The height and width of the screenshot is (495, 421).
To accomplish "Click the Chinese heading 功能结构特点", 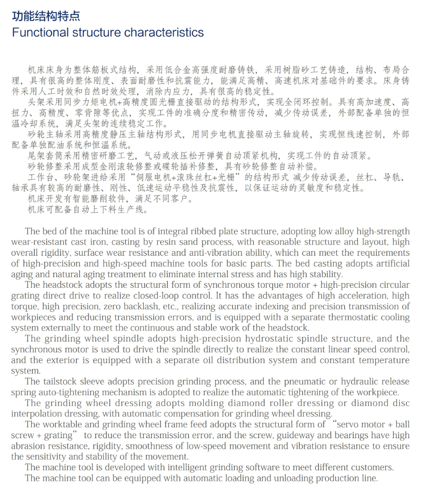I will (x=46, y=16).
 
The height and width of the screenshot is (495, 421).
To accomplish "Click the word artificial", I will (x=389, y=264).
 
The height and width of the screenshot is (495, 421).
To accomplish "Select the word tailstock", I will (x=59, y=381).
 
